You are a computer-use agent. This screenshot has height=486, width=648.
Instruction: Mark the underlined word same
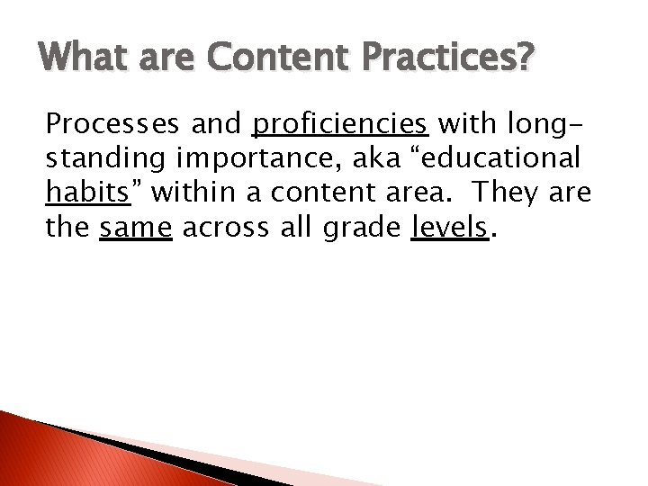[135, 229]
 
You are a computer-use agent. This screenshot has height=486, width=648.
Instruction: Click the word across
[223, 229]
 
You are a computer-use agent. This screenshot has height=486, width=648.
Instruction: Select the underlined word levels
[450, 229]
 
